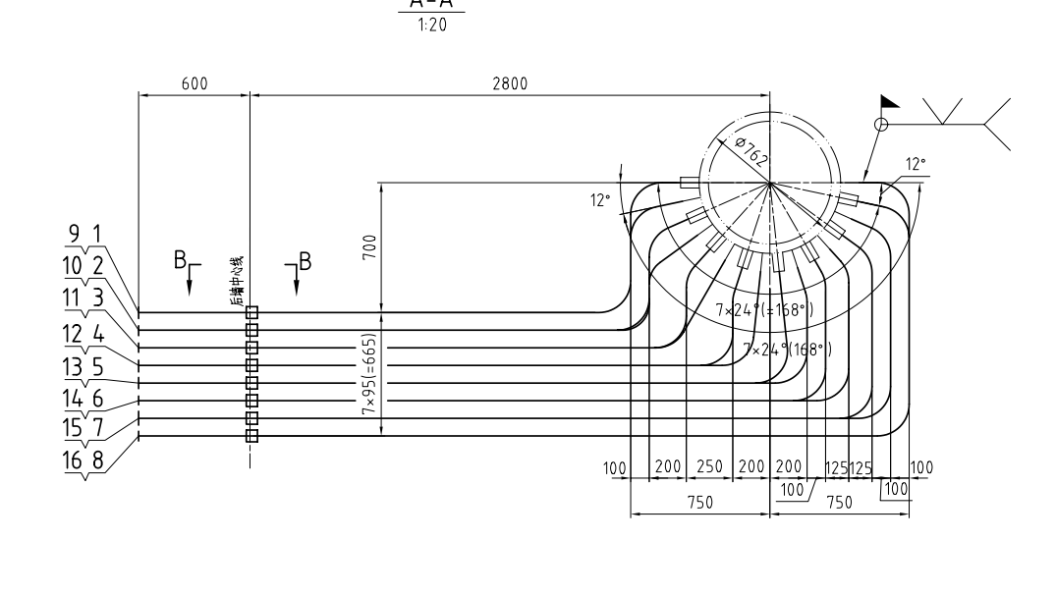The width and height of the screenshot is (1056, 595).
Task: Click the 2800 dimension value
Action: [510, 83]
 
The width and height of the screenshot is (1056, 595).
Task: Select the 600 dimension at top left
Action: [195, 83]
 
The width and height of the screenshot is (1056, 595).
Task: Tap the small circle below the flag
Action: [881, 125]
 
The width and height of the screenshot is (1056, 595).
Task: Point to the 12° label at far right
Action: [916, 164]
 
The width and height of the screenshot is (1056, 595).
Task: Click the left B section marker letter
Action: [180, 260]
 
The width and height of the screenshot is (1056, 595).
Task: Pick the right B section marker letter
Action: [305, 260]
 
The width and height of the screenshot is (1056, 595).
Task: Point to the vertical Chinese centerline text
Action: [238, 281]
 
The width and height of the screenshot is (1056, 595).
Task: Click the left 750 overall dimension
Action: [699, 501]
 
